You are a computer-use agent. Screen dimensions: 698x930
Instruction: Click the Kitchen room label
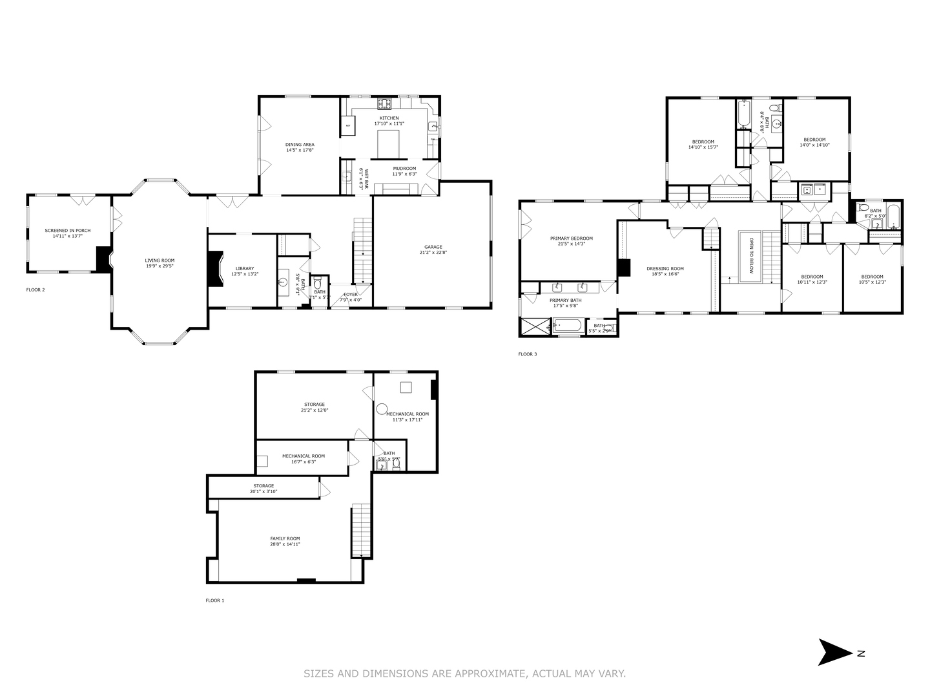point(389,118)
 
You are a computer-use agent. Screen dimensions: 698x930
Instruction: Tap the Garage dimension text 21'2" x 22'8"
point(433,253)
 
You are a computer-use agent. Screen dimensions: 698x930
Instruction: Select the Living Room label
point(160,260)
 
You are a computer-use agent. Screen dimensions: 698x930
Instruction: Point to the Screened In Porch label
point(67,231)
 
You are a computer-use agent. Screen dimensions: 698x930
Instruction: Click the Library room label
point(244,268)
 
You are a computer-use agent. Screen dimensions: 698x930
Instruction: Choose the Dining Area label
point(300,145)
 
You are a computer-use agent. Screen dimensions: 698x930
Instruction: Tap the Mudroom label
point(404,168)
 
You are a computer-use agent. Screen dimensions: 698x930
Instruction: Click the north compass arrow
point(836,652)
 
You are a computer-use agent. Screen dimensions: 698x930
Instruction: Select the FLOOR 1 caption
point(215,600)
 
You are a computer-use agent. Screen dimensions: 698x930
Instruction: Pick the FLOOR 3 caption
point(527,354)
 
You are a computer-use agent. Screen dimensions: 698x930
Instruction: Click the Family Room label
point(285,538)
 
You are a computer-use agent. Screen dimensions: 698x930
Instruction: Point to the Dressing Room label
point(665,269)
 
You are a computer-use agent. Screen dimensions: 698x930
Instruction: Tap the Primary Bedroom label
point(571,238)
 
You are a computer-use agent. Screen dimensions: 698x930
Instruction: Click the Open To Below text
point(751,256)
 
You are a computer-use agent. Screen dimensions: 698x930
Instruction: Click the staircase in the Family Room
point(360,531)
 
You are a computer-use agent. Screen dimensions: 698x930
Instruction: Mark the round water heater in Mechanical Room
point(382,408)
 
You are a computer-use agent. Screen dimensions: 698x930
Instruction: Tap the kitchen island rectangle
point(389,143)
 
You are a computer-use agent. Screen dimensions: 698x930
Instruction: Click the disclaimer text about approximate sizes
point(464,673)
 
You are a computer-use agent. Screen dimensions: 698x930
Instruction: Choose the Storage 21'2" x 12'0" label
point(315,405)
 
